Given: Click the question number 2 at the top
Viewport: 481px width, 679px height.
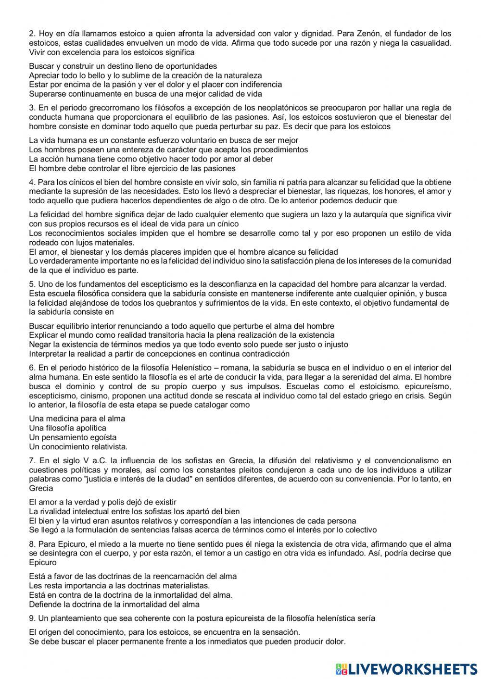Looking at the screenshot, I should click(32, 34).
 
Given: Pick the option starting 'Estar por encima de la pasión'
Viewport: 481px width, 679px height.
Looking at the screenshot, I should click(155, 85).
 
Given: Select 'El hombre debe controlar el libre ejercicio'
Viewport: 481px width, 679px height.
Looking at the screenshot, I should click(132, 168).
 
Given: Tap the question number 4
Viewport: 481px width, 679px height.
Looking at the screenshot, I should click(32, 182).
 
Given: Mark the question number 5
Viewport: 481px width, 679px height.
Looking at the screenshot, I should click(32, 284).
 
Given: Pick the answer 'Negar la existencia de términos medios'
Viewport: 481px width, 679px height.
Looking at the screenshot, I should click(188, 345).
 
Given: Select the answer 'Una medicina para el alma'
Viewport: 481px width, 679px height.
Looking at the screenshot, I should click(77, 419).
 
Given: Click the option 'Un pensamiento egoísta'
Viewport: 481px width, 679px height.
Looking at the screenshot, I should click(73, 437).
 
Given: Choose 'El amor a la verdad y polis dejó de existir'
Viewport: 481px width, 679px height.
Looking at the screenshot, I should click(103, 502).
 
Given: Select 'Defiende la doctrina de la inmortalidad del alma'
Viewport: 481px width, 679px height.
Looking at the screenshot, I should click(114, 605).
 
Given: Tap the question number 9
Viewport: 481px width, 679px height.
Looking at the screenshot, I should click(32, 618).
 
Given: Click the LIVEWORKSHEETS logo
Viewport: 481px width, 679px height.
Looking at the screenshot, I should click(406, 668).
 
